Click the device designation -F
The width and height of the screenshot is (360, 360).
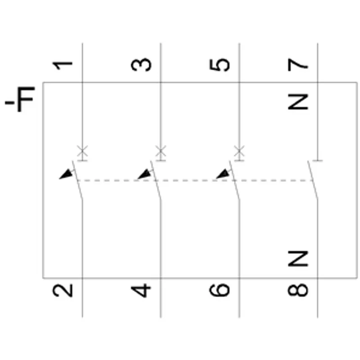20,99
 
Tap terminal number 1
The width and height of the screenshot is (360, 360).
63,65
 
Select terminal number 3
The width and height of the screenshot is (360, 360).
141,65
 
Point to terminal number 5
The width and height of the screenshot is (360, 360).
220,65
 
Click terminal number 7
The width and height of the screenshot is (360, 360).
297,65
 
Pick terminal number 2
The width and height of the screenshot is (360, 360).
63,290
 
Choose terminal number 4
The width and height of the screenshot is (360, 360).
141,291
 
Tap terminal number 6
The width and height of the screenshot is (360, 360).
220,290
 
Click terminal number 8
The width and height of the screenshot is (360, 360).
298,290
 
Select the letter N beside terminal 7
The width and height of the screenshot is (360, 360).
298,102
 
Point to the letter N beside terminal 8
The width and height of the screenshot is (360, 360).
298,258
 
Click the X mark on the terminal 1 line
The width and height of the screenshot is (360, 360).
82,151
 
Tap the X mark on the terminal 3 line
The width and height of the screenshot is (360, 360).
161,151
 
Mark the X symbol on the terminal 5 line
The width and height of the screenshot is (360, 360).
239,151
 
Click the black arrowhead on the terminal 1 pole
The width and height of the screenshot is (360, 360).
66,174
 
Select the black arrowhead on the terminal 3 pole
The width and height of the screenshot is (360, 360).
144,174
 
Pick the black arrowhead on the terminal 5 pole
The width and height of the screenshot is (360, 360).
223,174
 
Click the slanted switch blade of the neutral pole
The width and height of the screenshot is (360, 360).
313,180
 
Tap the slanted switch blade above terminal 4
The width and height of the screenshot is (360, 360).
156,180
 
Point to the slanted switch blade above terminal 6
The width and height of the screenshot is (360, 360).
234,180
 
